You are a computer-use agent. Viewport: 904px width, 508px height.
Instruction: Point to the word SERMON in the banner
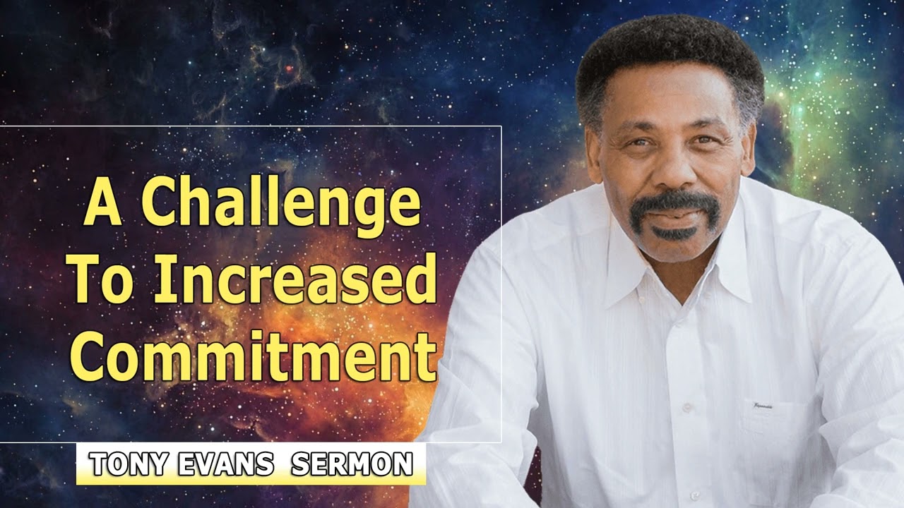[351, 465]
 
